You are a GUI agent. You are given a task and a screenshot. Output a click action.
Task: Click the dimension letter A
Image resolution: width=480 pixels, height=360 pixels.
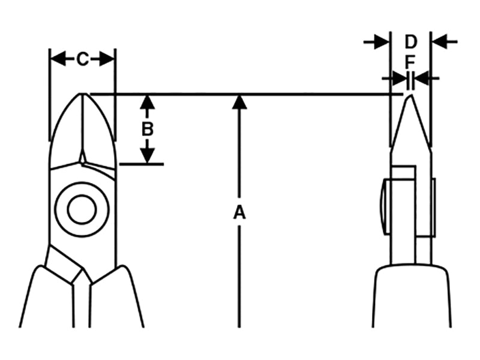pyautogui.click(x=239, y=212)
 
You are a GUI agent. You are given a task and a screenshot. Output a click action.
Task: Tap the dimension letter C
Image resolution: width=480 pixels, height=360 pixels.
pyautogui.click(x=82, y=59)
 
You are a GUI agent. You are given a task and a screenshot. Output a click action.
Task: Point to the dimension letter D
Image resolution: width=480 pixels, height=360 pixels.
pyautogui.click(x=410, y=42)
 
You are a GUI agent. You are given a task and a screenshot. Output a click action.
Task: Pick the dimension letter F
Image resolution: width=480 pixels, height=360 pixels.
pyautogui.click(x=410, y=62)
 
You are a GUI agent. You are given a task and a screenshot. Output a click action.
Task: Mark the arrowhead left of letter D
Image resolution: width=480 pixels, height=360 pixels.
pyautogui.click(x=380, y=41)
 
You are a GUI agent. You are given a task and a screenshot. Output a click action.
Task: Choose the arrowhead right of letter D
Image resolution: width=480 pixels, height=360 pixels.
pyautogui.click(x=440, y=41)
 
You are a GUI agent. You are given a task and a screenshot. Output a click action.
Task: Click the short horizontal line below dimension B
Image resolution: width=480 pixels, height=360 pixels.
pyautogui.click(x=142, y=163)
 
